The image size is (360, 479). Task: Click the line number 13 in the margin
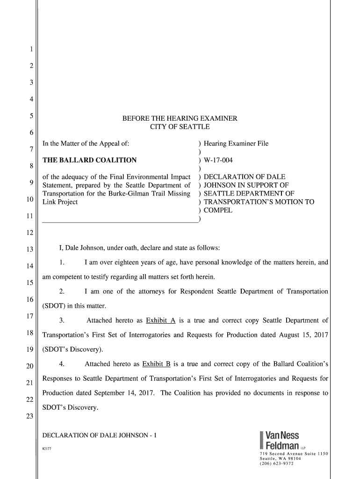tap(29, 249)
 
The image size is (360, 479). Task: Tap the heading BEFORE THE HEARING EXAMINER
tap(180, 118)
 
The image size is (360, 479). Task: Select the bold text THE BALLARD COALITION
tap(90, 160)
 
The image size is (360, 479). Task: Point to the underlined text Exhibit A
tap(160, 320)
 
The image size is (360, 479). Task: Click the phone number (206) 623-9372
tap(277, 464)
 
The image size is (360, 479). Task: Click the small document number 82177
tap(47, 449)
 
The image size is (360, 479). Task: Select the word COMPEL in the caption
tap(218, 210)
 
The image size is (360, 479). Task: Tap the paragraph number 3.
tap(61, 320)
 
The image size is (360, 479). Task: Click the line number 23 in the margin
tap(29, 417)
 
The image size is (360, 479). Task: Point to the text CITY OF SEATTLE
tap(180, 127)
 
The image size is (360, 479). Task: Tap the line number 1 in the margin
tap(31, 49)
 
